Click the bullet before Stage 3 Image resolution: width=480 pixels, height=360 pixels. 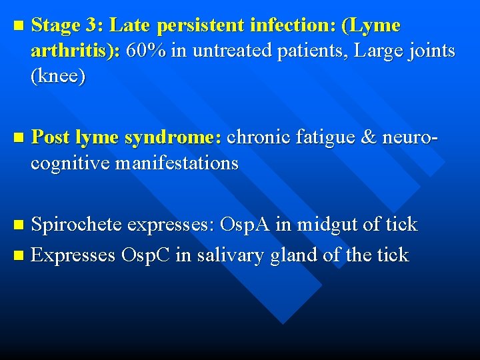(18, 27)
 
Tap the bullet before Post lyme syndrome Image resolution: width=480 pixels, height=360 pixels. (18, 139)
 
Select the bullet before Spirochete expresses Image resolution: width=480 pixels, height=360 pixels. (18, 225)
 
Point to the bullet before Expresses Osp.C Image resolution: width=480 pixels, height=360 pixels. (18, 255)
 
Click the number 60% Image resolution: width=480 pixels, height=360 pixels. (146, 51)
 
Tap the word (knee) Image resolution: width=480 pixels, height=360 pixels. (58, 76)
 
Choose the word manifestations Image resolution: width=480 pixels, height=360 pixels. (177, 163)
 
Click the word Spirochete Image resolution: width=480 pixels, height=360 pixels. (76, 225)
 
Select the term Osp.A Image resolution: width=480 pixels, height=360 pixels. (245, 225)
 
